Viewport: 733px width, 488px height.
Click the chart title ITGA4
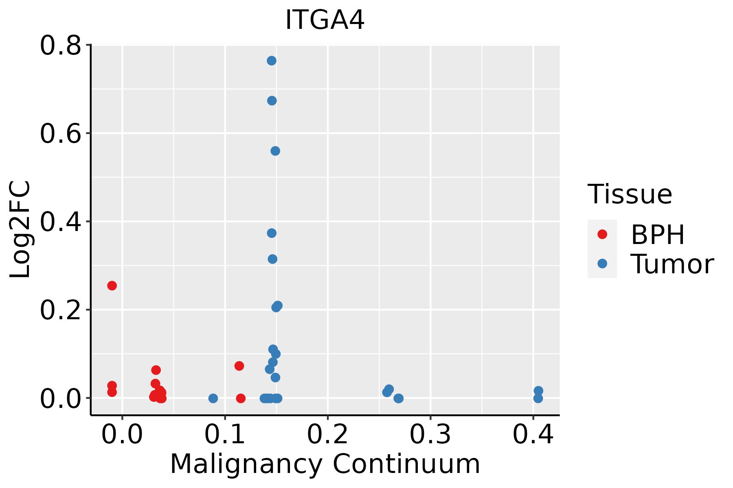click(325, 20)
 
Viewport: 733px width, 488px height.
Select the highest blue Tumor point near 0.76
click(272, 61)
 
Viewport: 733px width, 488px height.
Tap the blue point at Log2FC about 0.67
click(272, 100)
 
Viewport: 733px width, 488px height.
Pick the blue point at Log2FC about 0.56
click(275, 151)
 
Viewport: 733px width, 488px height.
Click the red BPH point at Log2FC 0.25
click(112, 285)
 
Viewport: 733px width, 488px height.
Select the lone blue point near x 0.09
click(213, 398)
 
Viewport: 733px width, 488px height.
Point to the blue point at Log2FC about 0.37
click(272, 233)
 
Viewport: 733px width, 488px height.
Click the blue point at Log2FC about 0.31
click(272, 259)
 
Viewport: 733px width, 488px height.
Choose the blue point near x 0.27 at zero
click(399, 398)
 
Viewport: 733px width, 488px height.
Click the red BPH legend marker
click(602, 234)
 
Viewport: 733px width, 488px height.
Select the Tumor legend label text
click(672, 264)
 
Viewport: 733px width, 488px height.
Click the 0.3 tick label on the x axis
click(430, 434)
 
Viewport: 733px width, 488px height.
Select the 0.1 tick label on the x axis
click(225, 434)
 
